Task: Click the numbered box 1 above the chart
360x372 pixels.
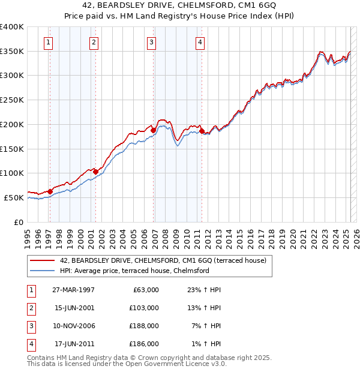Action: pyautogui.click(x=47, y=42)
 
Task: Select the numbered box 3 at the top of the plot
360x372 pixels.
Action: pyautogui.click(x=152, y=42)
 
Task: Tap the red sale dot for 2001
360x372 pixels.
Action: pyautogui.click(x=95, y=172)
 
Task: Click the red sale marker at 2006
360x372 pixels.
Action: pyautogui.click(x=153, y=130)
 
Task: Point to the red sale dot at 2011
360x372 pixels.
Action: pyautogui.click(x=202, y=130)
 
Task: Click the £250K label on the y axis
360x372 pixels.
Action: pyautogui.click(x=12, y=100)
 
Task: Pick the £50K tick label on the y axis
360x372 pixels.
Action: pyautogui.click(x=14, y=197)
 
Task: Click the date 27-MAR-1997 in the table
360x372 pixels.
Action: pyautogui.click(x=73, y=290)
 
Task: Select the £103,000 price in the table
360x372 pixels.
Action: pyautogui.click(x=144, y=308)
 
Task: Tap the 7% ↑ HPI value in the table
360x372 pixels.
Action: pyautogui.click(x=203, y=326)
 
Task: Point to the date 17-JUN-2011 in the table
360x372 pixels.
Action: pyautogui.click(x=73, y=344)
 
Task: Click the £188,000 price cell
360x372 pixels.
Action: pyautogui.click(x=144, y=326)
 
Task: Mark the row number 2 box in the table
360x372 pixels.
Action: pyautogui.click(x=31, y=308)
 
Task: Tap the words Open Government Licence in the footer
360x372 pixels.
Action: pyautogui.click(x=175, y=364)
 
